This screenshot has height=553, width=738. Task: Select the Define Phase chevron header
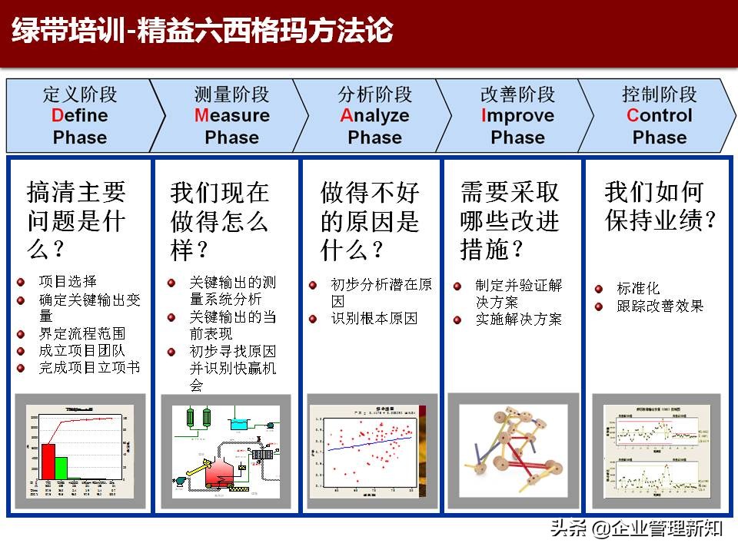(80, 116)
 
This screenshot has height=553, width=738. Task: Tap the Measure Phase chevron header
(231, 116)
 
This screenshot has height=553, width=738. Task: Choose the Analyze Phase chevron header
(374, 116)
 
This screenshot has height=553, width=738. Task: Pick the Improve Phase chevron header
(517, 116)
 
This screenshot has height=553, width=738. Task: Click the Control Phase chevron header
(659, 116)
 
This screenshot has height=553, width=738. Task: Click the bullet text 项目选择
(68, 282)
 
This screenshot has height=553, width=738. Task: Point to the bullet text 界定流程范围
(81, 333)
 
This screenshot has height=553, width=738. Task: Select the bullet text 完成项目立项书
(89, 368)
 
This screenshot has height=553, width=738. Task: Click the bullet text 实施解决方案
(519, 319)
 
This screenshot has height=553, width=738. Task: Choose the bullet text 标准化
(638, 289)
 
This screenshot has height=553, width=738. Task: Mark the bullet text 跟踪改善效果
(660, 306)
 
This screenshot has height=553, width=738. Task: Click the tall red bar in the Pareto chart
(48, 460)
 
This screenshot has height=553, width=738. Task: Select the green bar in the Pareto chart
(61, 467)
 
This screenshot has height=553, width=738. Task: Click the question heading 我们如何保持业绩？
(660, 206)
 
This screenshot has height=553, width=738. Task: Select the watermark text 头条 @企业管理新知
(636, 528)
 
